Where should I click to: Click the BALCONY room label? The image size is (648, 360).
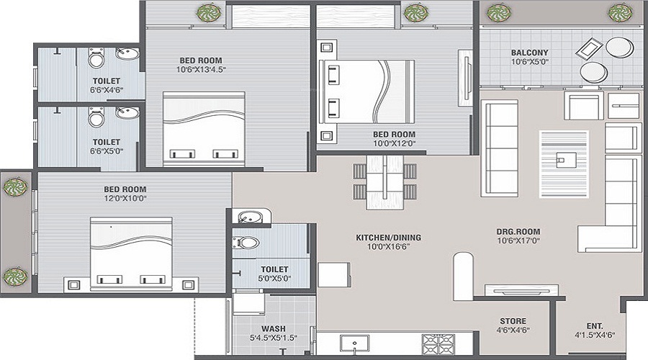[x=529, y=53]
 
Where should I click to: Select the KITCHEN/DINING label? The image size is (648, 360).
[x=388, y=237]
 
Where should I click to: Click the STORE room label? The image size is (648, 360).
[x=513, y=321]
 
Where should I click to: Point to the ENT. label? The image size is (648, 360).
[x=595, y=325]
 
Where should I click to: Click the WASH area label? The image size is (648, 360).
[x=273, y=328]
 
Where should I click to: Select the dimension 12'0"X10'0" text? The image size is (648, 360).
[x=125, y=199]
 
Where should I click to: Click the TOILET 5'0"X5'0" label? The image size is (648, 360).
[x=274, y=271]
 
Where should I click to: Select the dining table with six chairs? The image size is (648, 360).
[x=384, y=181]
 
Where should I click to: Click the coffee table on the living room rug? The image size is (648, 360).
[x=564, y=158]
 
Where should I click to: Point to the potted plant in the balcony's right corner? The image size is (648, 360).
[x=619, y=12]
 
